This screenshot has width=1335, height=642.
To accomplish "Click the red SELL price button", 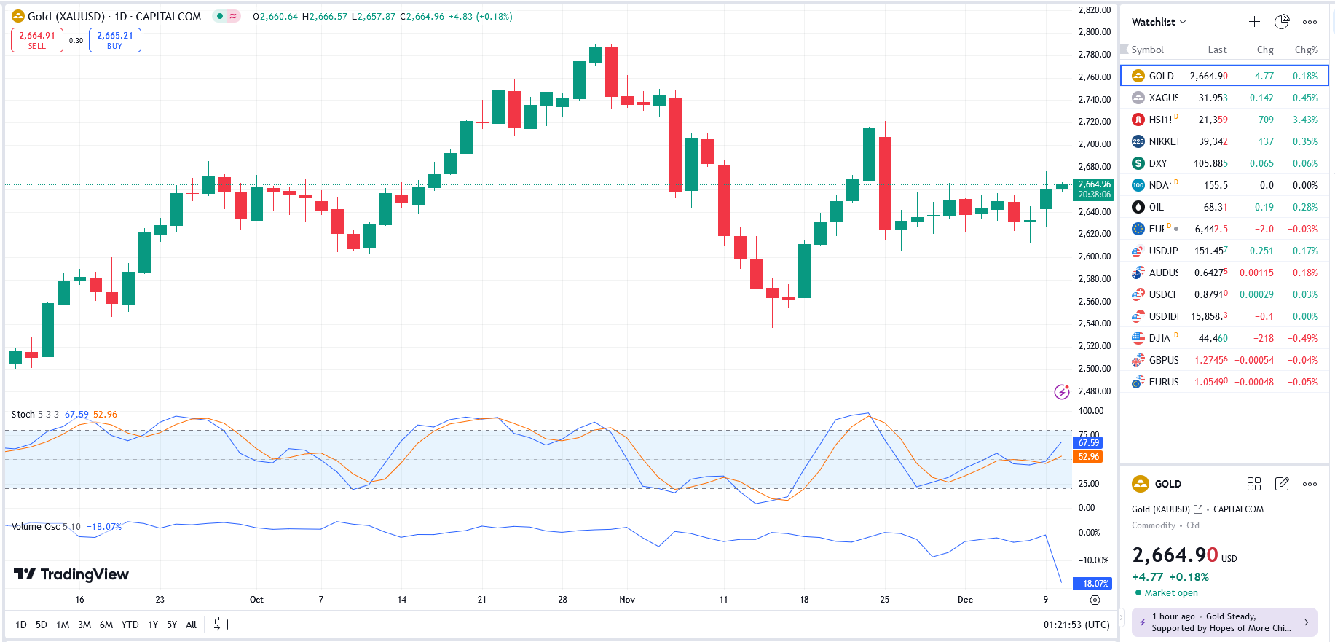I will [x=37, y=40].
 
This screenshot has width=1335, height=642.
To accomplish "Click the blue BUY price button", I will [x=115, y=40].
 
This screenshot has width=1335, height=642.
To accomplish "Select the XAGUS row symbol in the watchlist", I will [x=1163, y=98].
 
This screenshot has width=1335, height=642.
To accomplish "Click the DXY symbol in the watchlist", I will [x=1157, y=163].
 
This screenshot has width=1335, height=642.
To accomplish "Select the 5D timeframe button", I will [x=42, y=625].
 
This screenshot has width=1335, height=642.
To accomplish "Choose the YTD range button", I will [x=130, y=625].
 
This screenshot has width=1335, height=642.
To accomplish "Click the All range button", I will [x=191, y=625].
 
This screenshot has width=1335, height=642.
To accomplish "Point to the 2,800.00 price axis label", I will [x=1094, y=32].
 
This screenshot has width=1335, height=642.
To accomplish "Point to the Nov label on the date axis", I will [x=627, y=600].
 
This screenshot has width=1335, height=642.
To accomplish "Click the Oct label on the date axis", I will [x=256, y=600].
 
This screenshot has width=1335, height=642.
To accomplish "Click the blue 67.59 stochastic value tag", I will [x=1088, y=443].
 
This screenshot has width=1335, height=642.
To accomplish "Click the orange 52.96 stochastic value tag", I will [x=1088, y=457].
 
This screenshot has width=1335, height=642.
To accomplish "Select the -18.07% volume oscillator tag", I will [x=1093, y=583].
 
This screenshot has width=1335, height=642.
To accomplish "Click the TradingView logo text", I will [x=71, y=574].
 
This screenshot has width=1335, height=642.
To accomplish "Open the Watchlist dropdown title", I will [x=1158, y=22].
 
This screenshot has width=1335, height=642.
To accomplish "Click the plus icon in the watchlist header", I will [x=1254, y=22].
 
